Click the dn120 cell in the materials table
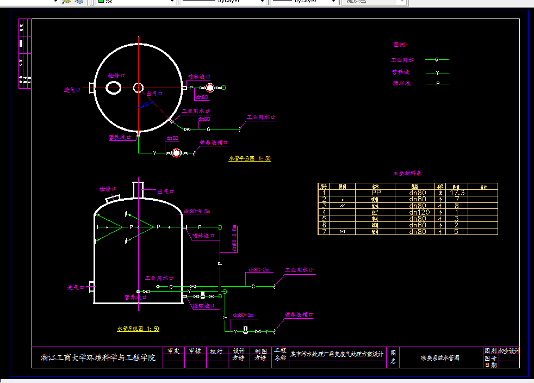point(418,212)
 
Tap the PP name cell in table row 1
point(376,193)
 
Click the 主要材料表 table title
point(407,174)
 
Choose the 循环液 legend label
point(401,84)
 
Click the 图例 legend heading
point(400,45)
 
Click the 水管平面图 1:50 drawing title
point(249,159)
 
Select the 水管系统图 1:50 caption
point(138,329)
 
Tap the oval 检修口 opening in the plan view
point(113,88)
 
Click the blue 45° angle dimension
point(145,104)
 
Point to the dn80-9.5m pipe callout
point(197,211)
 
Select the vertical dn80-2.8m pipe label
point(234,238)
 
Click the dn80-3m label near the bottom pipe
point(243,315)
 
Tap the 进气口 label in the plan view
point(72,90)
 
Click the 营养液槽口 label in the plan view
point(214,143)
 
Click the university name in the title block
point(98,357)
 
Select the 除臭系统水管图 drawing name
point(440,358)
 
